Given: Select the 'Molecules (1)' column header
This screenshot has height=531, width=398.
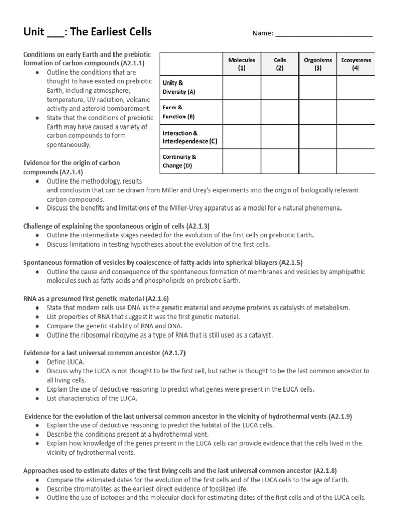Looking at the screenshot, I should point(241,64).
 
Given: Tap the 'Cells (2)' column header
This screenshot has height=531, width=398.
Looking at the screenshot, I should point(280,64).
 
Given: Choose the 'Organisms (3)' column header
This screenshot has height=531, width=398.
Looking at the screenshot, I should point(318,64).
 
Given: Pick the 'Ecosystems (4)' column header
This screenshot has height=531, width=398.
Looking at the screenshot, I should point(356,64).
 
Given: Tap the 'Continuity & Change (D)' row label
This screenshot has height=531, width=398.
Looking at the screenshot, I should point(179,161).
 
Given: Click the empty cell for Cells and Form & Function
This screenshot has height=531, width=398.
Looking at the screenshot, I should point(280,112).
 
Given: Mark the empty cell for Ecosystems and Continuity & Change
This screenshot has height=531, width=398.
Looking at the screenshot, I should point(356,161).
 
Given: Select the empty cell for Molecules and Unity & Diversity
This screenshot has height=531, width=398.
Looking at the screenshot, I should point(241,87).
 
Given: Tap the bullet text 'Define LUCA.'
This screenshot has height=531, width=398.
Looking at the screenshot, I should point(66,362).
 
